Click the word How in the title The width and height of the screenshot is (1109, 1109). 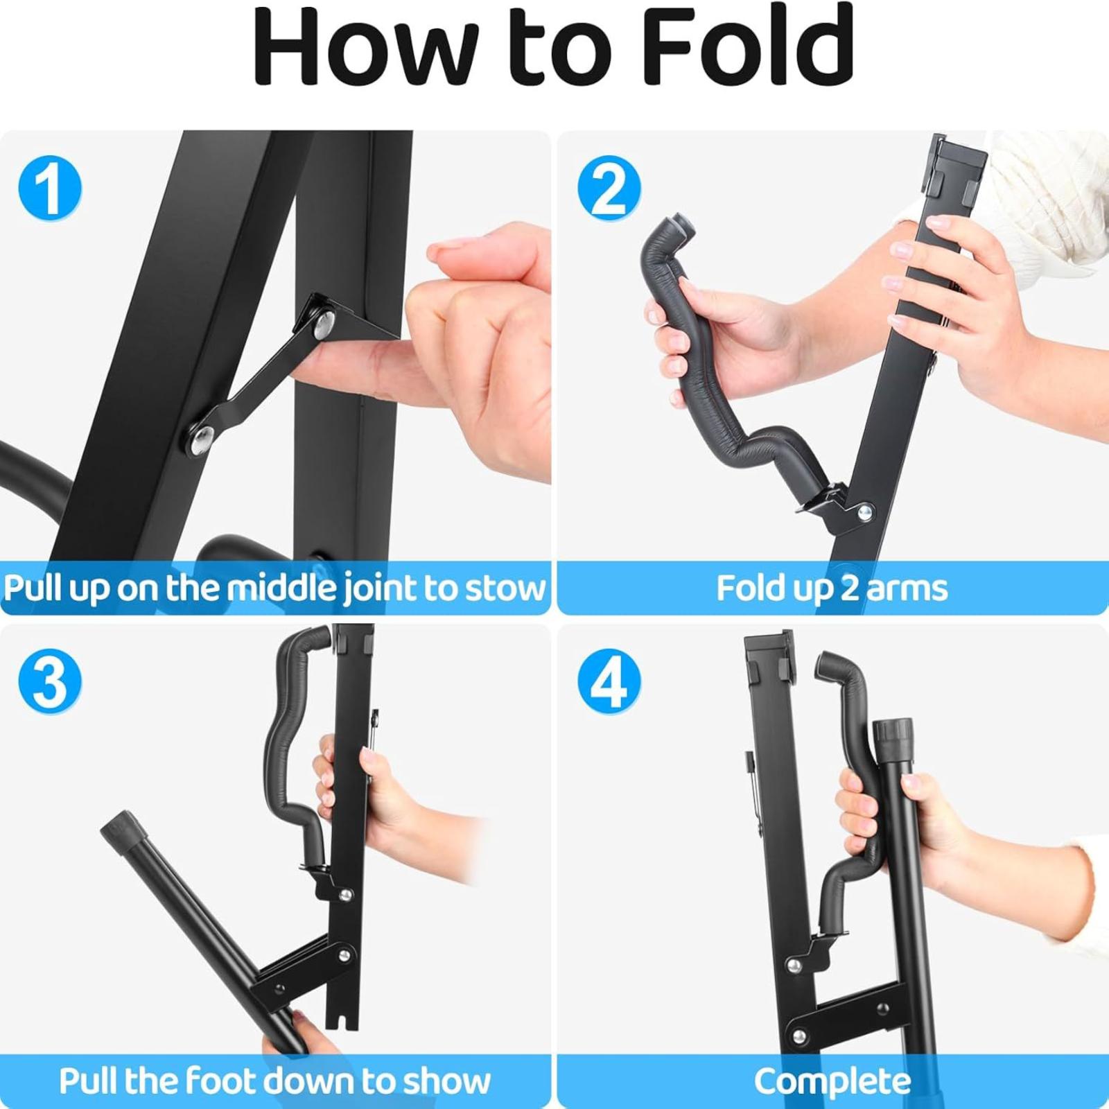pyautogui.click(x=367, y=47)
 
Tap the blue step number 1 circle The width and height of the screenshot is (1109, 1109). pyautogui.click(x=50, y=189)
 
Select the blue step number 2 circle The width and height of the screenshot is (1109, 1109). pyautogui.click(x=609, y=189)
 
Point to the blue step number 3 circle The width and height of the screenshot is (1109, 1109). pyautogui.click(x=50, y=681)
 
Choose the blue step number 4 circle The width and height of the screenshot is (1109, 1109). pyautogui.click(x=609, y=681)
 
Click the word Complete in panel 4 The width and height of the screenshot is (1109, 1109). pyautogui.click(x=832, y=1081)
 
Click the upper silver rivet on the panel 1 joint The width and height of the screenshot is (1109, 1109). pyautogui.click(x=323, y=323)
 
